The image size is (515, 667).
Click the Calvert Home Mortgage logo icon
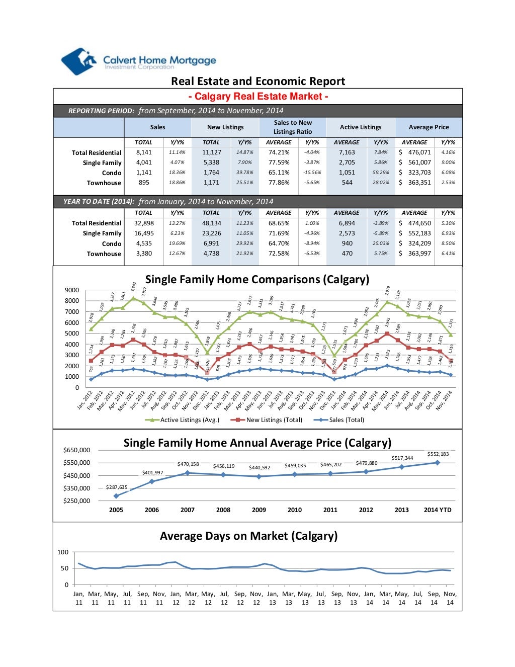(x=78, y=61)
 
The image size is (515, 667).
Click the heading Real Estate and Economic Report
(x=257, y=81)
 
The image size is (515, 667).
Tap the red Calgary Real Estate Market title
(x=258, y=97)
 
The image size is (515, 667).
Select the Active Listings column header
(x=360, y=127)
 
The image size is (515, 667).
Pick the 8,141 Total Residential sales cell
(x=144, y=152)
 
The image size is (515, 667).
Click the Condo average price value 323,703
(x=419, y=173)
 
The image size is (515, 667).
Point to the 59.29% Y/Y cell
(x=381, y=173)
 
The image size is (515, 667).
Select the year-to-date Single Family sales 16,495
(x=144, y=233)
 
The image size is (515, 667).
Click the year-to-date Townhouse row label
(x=104, y=254)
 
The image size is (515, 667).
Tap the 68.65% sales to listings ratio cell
(x=279, y=223)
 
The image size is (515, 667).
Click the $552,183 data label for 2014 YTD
(x=438, y=454)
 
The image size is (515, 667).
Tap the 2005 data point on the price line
(x=116, y=496)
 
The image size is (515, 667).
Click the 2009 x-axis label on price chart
(x=259, y=510)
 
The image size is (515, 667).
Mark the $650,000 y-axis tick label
(x=76, y=450)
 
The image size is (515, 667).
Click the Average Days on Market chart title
(x=248, y=536)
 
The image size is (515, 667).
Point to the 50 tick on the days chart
(x=64, y=568)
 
